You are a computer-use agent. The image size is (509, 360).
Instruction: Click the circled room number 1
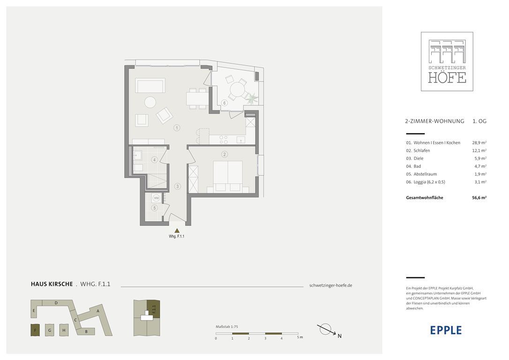[177, 128]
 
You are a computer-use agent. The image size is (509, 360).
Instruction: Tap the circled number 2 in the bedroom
[224, 154]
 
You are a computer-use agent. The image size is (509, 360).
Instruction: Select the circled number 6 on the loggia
[224, 103]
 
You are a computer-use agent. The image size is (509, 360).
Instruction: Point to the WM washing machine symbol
[156, 198]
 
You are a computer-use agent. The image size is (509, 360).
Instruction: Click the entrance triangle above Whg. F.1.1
[177, 231]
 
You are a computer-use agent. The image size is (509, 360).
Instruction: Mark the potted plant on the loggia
[252, 97]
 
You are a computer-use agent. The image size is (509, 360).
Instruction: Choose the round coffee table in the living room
[150, 102]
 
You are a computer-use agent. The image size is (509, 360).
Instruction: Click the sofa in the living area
[150, 85]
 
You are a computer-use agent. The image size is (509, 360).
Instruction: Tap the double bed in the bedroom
[228, 176]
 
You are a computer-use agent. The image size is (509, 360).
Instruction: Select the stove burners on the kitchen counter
[224, 140]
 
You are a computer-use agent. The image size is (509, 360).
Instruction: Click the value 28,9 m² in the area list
[479, 143]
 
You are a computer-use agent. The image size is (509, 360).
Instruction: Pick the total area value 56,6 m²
[479, 198]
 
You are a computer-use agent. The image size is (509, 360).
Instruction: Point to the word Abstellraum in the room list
[425, 174]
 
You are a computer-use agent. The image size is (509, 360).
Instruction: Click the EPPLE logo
[446, 330]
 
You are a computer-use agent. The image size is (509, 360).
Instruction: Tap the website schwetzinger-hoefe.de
[331, 285]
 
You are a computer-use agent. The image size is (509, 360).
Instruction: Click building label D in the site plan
[56, 303]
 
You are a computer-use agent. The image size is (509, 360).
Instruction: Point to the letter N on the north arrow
[339, 336]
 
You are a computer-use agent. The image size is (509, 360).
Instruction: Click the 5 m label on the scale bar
[299, 337]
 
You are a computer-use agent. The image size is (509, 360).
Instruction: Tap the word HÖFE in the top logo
[447, 78]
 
